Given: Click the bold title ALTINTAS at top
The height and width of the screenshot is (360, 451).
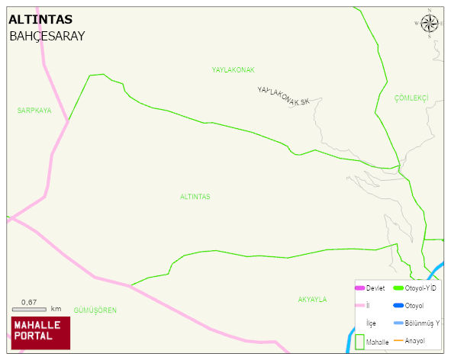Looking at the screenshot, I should point(40,20).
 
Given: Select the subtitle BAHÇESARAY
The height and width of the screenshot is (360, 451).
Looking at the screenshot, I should point(47,36).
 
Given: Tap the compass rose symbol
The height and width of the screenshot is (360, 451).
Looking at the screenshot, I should point(430,23).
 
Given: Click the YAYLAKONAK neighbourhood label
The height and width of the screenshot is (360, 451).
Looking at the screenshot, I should point(233,70).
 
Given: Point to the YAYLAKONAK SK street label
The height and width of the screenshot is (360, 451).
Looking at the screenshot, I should point(284,96).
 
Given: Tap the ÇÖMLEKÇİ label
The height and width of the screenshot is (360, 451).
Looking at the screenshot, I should point(411,98).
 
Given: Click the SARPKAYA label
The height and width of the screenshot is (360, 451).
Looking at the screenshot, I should point(34,111).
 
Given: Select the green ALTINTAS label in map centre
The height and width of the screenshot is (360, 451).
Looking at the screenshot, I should point(195,197).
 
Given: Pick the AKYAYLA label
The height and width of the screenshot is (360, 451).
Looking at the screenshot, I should point(312,300).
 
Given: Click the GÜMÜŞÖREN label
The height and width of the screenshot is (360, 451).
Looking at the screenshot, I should point(95,310).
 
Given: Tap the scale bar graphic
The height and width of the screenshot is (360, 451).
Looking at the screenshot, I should point(30,309).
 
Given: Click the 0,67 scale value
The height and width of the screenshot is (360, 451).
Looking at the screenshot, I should point(29,301).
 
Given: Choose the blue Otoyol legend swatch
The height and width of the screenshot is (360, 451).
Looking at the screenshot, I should point(398,306).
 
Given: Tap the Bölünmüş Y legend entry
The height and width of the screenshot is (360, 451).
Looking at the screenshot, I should point(422,323).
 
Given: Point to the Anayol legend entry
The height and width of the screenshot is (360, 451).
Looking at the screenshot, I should point(415,340).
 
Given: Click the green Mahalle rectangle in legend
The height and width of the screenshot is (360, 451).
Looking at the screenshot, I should point(359,342).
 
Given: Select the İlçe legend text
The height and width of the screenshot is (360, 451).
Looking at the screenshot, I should point(372,323).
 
